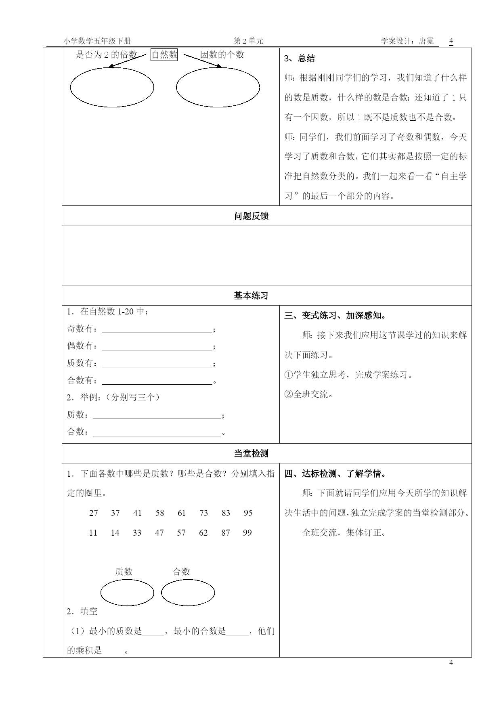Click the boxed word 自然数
[164, 54]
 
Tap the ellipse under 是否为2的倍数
[112, 87]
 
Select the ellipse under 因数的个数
[218, 87]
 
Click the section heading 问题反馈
[251, 216]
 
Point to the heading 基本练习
[251, 296]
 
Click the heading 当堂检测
[251, 454]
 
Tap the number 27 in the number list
[94, 513]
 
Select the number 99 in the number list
[247, 533]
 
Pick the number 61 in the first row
[182, 513]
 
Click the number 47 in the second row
[159, 533]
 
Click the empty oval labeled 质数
[127, 593]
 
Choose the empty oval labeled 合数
[188, 593]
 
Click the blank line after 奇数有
[157, 329]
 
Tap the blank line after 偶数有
[157, 346]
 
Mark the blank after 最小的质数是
[153, 632]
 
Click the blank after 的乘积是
[113, 651]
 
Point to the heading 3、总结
[300, 59]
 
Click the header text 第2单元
[249, 41]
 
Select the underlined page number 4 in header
[451, 41]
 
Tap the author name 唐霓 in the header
[426, 41]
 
